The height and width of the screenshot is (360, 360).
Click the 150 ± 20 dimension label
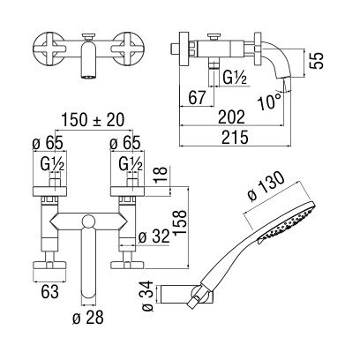[93, 120]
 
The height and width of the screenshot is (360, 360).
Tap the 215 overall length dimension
[235, 138]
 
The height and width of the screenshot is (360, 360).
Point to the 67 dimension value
[196, 98]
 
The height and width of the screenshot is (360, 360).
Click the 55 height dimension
[317, 60]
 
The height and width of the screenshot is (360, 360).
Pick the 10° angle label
[269, 102]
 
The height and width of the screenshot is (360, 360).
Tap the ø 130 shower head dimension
[266, 187]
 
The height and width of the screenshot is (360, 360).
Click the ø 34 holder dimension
[147, 296]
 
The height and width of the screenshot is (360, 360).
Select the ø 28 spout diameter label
[88, 318]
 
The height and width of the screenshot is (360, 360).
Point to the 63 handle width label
[50, 292]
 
